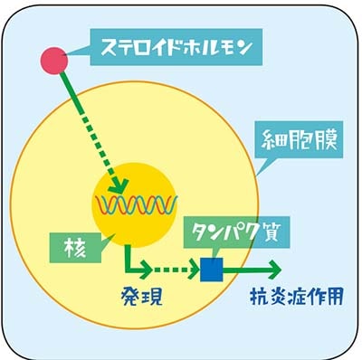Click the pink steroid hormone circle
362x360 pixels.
tap(54, 61)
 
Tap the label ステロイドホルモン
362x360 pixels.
tap(176, 47)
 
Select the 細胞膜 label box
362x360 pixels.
tap(300, 139)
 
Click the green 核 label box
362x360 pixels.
tap(76, 249)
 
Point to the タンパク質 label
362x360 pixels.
tap(238, 232)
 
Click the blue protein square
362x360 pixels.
tap(212, 270)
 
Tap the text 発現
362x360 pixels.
tap(142, 297)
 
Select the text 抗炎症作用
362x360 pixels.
tap(297, 296)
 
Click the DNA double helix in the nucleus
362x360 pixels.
tap(137, 204)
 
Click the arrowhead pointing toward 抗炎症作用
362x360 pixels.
tap(272, 270)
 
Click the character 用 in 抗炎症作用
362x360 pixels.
tap(334, 296)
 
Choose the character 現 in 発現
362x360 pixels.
tap(152, 297)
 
